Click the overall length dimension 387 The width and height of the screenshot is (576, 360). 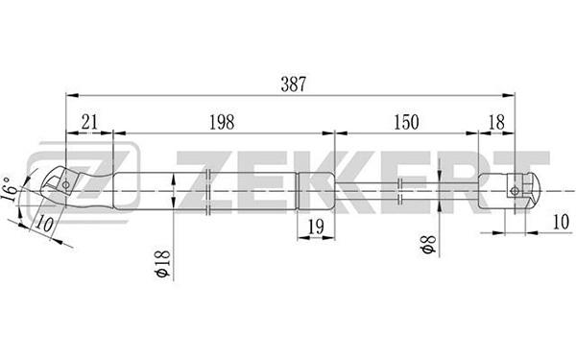[x=293, y=84]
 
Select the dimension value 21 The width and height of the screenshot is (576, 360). [x=89, y=122]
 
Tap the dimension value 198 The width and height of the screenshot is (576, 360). [x=222, y=122]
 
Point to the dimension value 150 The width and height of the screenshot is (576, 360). [x=406, y=122]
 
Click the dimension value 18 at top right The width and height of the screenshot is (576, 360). [x=496, y=122]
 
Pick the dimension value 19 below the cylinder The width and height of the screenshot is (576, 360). [x=316, y=227]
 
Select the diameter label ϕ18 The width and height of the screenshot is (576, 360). [x=163, y=263]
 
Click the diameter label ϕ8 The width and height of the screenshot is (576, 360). [x=429, y=244]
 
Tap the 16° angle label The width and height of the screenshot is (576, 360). [x=10, y=189]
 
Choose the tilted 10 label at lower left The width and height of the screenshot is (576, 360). [x=45, y=224]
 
